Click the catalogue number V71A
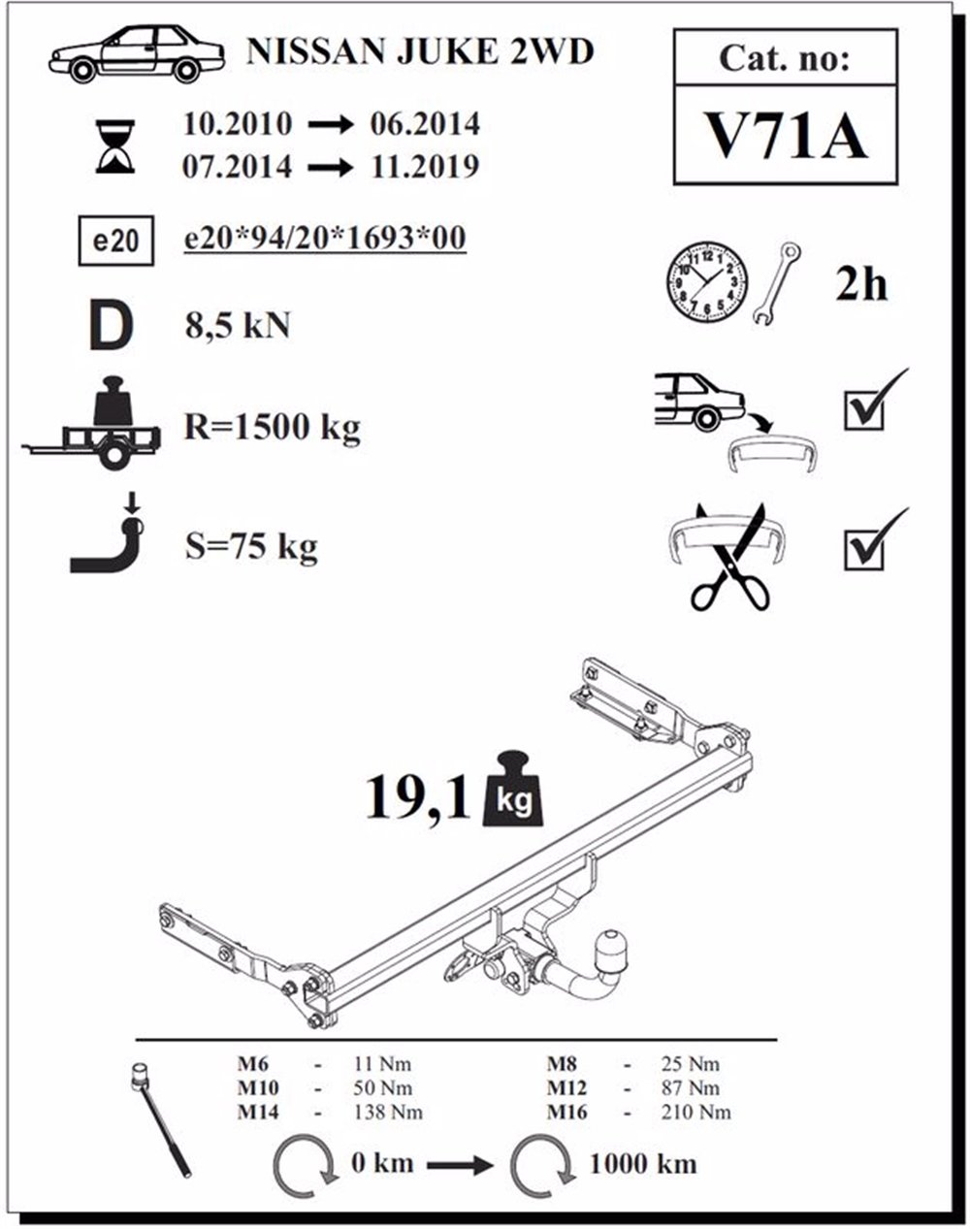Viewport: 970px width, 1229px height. coord(786,136)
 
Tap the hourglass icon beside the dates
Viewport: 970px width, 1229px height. coord(115,146)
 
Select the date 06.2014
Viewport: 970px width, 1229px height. coord(425,124)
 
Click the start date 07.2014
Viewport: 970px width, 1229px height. coord(237,166)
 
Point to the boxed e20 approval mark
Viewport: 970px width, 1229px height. coord(116,241)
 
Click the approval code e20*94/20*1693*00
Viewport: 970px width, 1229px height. coord(325,238)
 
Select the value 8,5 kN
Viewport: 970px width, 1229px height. coord(238,326)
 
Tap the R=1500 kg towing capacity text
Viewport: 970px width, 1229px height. coord(272,427)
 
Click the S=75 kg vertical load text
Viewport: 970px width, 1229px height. coord(251,546)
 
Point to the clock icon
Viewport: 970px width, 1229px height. coord(708,281)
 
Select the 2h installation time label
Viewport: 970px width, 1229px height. coord(861,284)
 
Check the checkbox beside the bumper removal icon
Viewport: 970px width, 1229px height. coord(863,409)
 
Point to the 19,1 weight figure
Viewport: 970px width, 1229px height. coord(419,797)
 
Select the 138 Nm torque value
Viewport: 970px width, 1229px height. coord(388,1112)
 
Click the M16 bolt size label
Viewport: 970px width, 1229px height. coord(566,1112)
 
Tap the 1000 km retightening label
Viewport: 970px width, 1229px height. coord(643,1163)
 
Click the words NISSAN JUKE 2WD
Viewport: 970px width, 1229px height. coord(420,51)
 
